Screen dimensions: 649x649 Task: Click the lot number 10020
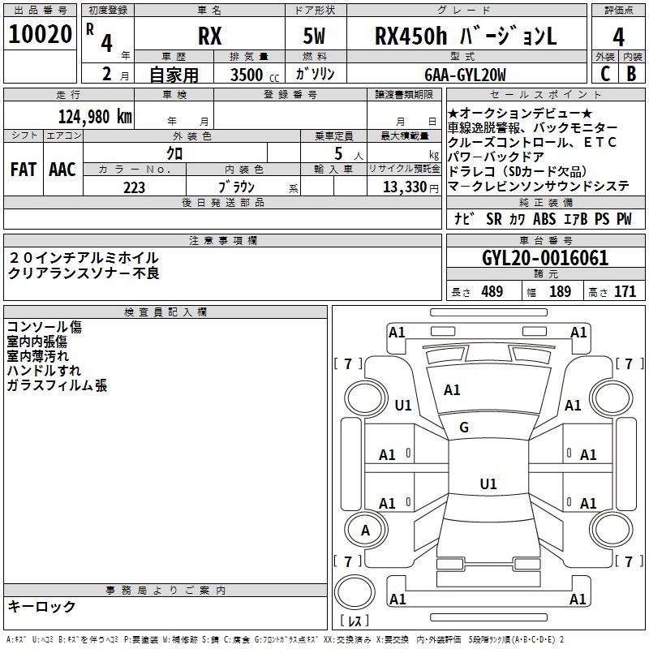pyautogui.click(x=41, y=37)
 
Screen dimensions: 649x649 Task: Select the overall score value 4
pyautogui.click(x=619, y=37)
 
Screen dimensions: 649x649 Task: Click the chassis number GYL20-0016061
pyautogui.click(x=545, y=258)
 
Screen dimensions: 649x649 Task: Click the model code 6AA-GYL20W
pyautogui.click(x=465, y=75)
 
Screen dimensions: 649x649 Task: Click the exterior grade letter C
pyautogui.click(x=604, y=75)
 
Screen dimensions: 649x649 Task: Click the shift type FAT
pyautogui.click(x=23, y=170)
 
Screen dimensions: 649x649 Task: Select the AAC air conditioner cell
pyautogui.click(x=62, y=170)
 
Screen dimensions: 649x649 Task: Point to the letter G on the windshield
pyautogui.click(x=464, y=428)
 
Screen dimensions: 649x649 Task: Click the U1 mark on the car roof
pyautogui.click(x=488, y=484)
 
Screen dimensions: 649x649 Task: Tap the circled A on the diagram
pyautogui.click(x=365, y=531)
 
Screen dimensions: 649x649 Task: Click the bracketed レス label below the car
pyautogui.click(x=354, y=622)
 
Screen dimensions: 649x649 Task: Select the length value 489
pyautogui.click(x=489, y=292)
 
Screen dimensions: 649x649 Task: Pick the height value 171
pyautogui.click(x=625, y=292)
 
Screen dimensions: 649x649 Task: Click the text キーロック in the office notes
pyautogui.click(x=42, y=607)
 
